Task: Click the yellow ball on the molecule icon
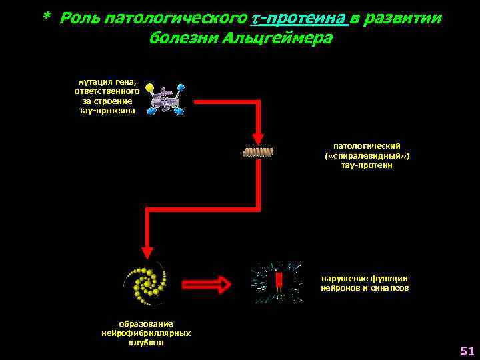point(149,87)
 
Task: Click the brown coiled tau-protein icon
point(258,152)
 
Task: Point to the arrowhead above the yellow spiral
point(147,251)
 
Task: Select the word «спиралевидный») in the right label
point(367,155)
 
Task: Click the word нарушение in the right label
point(345,279)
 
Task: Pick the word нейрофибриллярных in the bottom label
point(146,333)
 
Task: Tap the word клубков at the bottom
point(146,342)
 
